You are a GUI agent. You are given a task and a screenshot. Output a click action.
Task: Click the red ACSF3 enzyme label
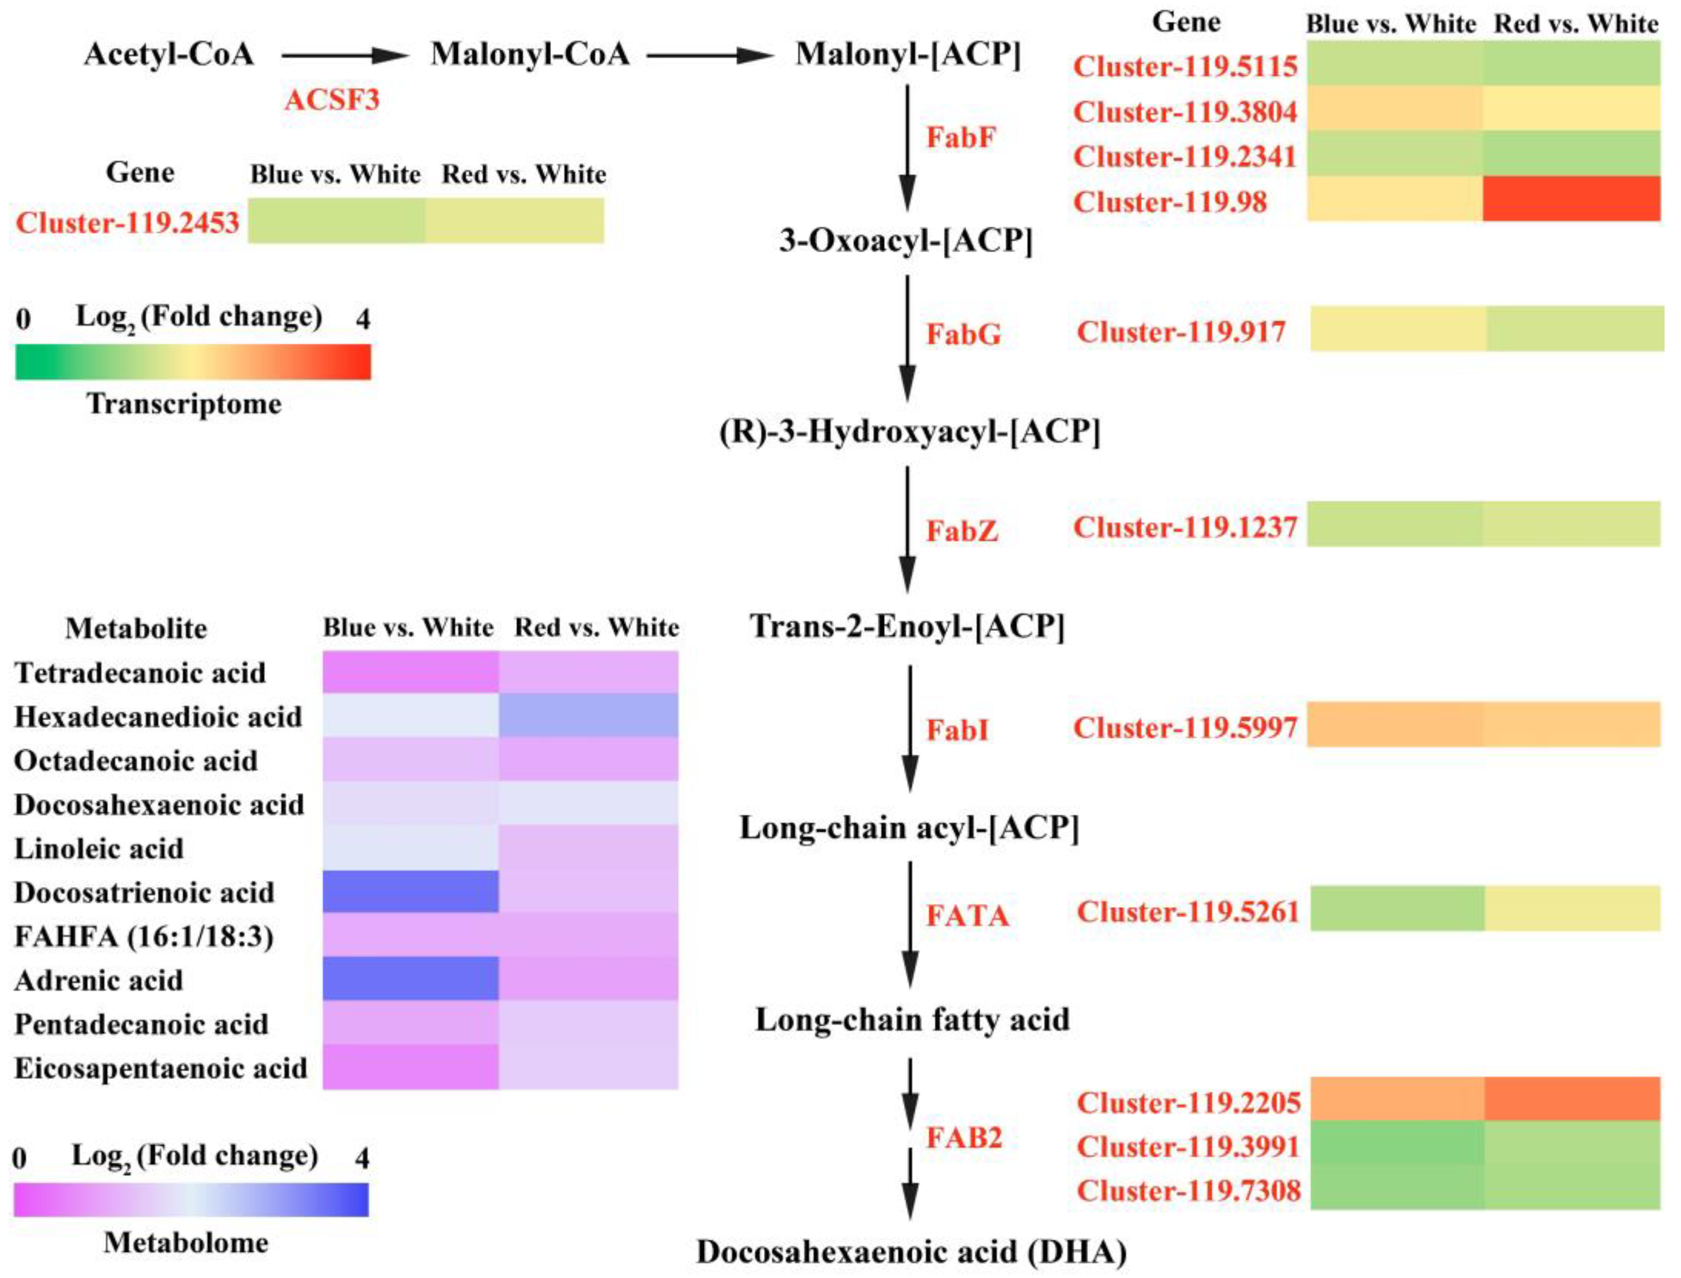coord(332,99)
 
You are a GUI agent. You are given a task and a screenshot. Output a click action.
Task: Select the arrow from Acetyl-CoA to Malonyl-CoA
coord(345,55)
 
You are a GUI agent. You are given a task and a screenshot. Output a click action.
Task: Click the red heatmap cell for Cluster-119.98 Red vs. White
coord(1571,198)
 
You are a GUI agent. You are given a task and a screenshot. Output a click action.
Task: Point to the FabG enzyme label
coord(963,334)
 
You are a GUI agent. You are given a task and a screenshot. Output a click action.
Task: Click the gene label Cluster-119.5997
coord(1185,728)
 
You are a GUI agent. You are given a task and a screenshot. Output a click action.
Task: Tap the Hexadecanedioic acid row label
coord(158,717)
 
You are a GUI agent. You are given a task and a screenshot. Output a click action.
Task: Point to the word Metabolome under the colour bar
coord(187,1242)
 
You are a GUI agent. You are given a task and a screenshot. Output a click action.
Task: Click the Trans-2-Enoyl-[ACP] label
coord(907,626)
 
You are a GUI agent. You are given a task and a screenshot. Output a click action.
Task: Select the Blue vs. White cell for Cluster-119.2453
coord(336,220)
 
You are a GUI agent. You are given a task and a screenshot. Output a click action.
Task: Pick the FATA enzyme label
coord(967,915)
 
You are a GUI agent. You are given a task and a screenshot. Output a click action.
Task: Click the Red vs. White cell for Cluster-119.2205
coord(1571,1099)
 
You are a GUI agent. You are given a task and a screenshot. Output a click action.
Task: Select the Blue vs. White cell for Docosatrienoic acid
coord(411,891)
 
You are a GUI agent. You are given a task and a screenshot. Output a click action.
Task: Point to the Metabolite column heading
coord(136,628)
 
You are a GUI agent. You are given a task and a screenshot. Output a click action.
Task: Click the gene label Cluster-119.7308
coord(1188,1190)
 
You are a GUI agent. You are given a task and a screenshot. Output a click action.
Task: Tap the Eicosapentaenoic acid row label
coord(160,1068)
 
